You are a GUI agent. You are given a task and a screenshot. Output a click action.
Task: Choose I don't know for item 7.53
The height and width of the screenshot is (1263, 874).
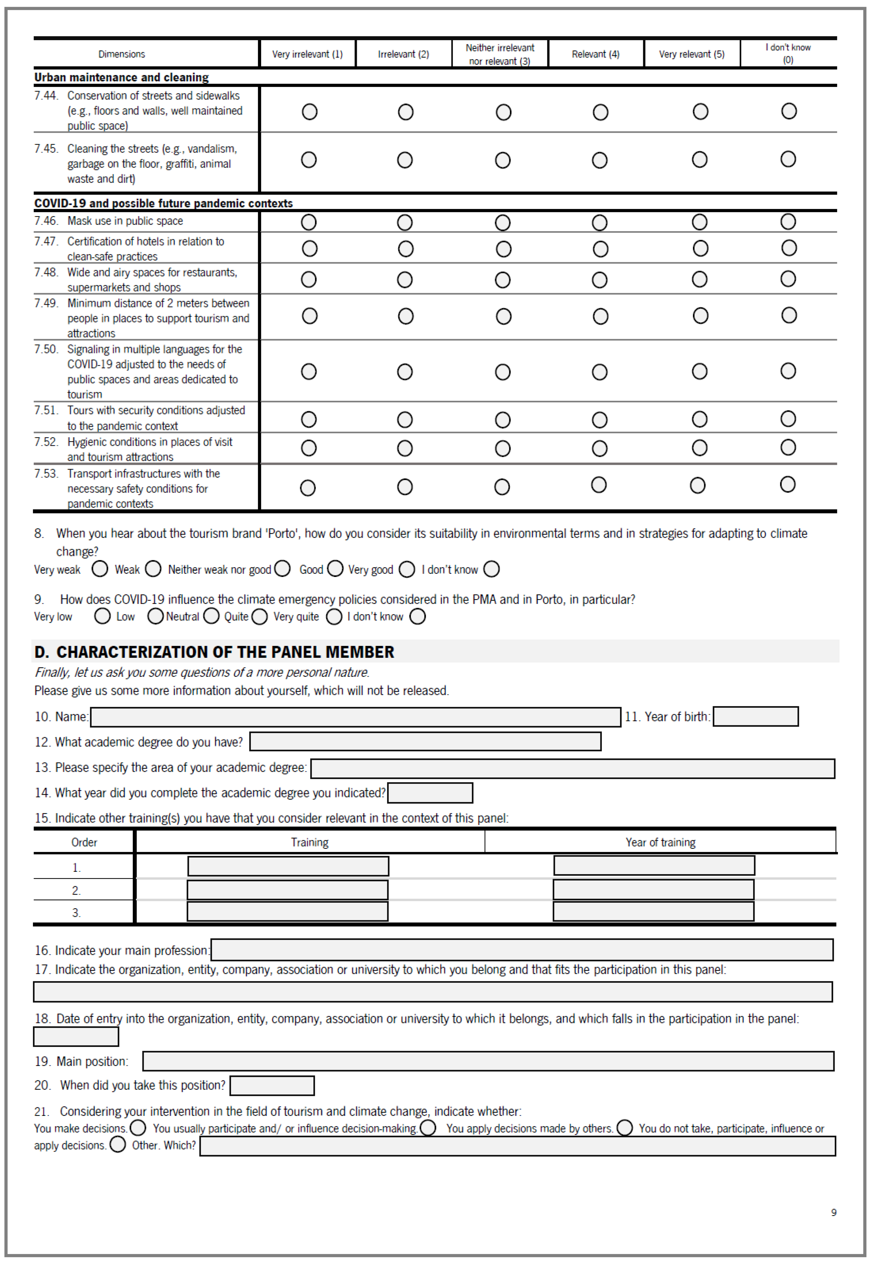[x=787, y=485]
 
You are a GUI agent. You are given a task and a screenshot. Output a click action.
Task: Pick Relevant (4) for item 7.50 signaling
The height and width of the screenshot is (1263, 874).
[x=600, y=372]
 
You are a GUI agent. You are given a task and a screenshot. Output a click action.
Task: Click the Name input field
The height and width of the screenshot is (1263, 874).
[x=355, y=717]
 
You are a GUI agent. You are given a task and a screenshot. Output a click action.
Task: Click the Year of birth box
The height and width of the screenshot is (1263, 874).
[x=756, y=717]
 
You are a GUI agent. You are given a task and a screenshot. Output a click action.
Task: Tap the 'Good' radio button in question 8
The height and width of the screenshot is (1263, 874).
[x=335, y=569]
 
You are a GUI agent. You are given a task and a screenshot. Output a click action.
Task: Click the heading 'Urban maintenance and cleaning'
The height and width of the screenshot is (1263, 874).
[x=122, y=77]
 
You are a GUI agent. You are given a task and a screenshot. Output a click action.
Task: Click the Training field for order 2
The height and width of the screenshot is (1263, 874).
[x=288, y=890]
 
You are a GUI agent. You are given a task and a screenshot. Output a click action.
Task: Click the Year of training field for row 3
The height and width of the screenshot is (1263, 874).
[x=653, y=911]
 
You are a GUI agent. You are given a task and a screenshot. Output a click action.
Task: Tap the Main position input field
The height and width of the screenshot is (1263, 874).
[x=488, y=1061]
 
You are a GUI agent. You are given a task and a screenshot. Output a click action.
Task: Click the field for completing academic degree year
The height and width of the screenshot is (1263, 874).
[x=430, y=793]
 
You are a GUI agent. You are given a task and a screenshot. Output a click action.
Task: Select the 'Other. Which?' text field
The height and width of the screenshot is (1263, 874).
[x=517, y=1146]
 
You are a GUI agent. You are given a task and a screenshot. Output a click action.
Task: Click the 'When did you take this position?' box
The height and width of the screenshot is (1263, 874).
[x=272, y=1086]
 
